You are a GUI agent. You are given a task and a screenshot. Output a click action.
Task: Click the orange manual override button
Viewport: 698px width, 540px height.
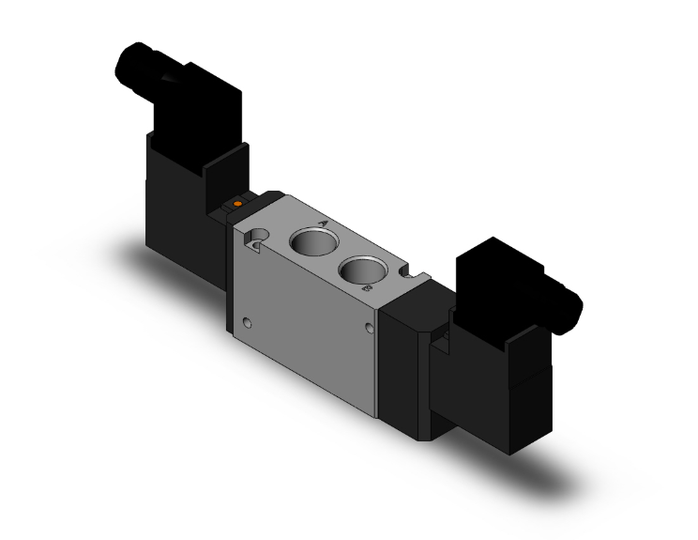[x=238, y=203]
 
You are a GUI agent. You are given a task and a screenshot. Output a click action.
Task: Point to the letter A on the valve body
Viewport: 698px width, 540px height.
[x=323, y=224]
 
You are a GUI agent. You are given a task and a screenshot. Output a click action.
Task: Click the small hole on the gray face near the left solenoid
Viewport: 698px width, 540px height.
[x=247, y=324]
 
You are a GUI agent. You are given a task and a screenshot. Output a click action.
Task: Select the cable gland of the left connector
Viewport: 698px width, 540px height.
[x=132, y=63]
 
